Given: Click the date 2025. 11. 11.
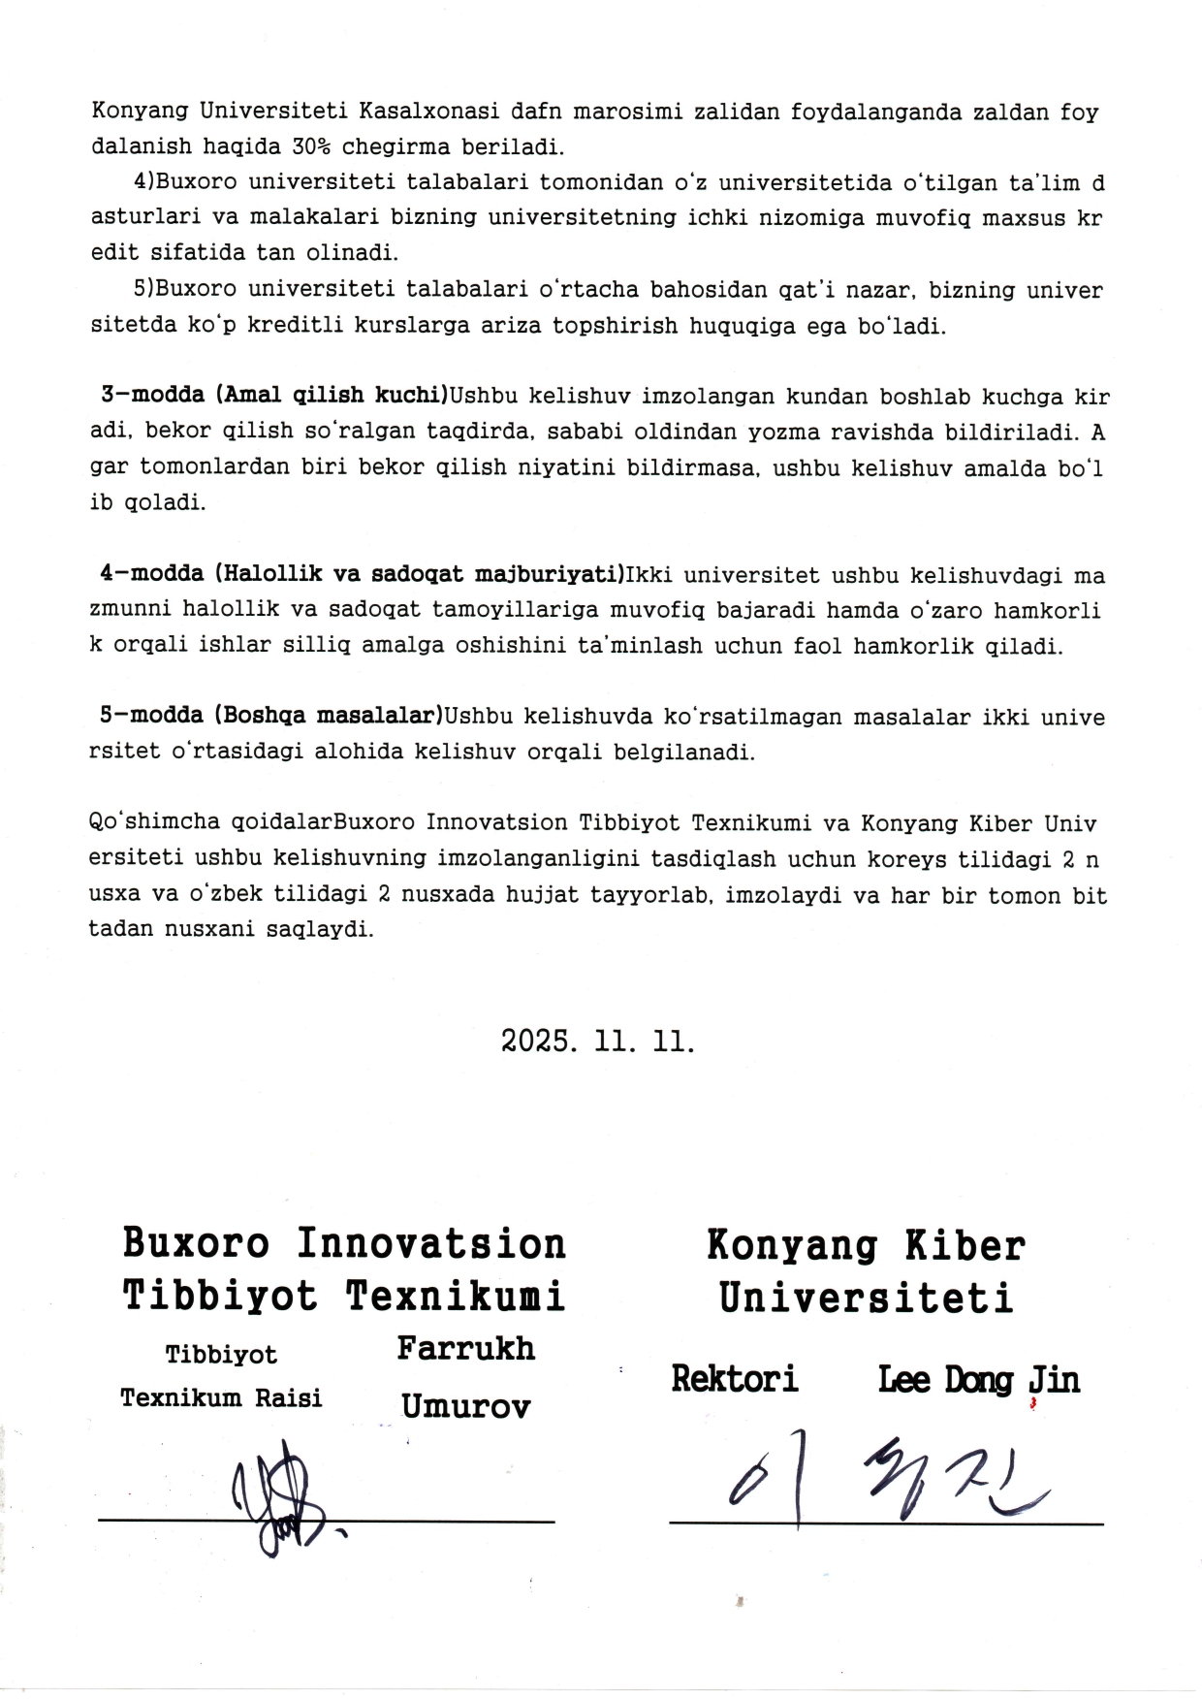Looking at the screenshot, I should (598, 1042).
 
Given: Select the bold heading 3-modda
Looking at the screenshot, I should (152, 396).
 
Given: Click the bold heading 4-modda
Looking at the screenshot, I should (151, 573).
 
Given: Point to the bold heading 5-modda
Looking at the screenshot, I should (151, 716).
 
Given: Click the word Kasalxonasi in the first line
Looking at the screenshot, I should (429, 112).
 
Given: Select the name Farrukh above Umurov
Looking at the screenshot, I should (465, 1349).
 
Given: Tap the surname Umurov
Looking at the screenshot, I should (465, 1406).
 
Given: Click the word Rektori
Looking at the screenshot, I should (735, 1379).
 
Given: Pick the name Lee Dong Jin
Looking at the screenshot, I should (978, 1380).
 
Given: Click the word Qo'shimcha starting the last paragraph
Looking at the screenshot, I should (154, 822).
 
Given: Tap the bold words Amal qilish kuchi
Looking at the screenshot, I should (330, 396).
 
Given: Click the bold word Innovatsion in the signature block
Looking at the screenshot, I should (431, 1244).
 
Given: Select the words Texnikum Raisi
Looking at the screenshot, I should (221, 1398).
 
